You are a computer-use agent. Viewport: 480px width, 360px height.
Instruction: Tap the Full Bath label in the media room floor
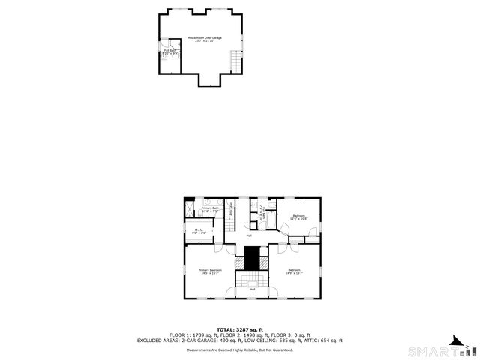169,52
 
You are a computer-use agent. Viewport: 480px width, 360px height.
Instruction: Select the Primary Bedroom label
210,271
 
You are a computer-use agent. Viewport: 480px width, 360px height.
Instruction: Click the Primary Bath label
210,210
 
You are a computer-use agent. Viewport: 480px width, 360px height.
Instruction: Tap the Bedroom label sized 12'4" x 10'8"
299,217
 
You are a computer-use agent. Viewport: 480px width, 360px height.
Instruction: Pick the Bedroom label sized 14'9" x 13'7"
294,271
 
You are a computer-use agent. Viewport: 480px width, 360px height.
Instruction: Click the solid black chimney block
253,258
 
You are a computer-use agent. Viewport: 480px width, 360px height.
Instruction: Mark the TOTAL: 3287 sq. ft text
240,328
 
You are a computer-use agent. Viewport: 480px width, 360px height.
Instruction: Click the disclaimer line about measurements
240,349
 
